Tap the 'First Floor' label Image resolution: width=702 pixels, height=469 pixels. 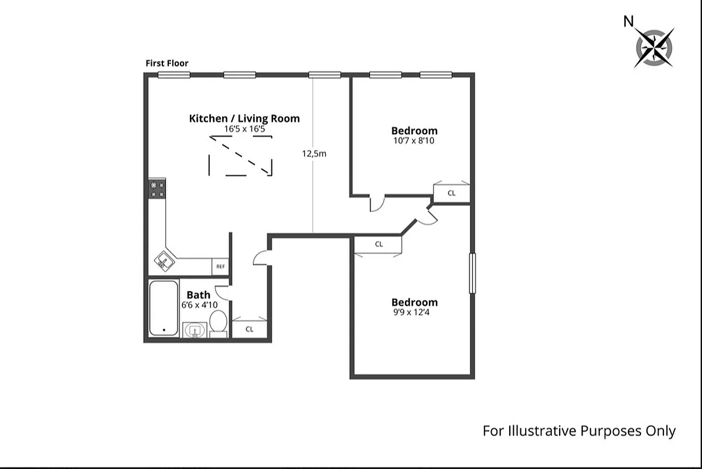167,63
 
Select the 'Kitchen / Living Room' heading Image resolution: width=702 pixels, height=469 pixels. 244,118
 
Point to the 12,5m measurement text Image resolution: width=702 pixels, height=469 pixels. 314,154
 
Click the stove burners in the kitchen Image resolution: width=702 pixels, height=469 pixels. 158,189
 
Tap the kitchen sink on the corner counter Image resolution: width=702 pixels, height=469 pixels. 164,261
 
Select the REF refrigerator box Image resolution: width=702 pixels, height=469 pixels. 220,266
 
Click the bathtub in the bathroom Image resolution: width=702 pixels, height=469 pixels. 163,308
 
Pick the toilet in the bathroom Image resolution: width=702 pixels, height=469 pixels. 218,324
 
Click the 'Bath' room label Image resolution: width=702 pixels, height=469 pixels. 198,295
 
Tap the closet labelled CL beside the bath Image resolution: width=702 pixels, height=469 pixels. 250,329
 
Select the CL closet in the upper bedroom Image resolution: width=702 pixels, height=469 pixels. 451,193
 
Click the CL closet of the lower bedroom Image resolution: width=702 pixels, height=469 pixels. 379,244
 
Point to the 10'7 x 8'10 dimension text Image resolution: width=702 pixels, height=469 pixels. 414,141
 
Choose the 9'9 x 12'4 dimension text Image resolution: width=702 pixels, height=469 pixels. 414,312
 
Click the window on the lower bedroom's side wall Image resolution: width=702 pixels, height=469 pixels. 472,273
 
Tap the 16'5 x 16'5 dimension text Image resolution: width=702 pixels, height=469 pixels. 244,128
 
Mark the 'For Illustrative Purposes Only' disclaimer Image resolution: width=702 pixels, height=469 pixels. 579,431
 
